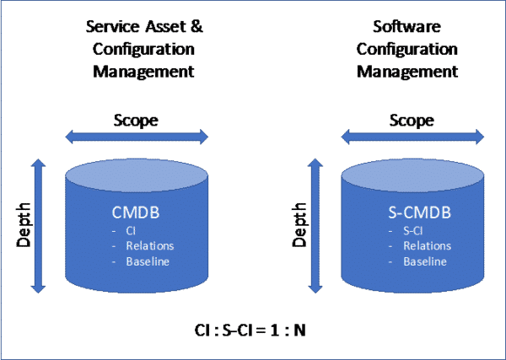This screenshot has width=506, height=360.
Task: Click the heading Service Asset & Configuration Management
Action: coord(145,49)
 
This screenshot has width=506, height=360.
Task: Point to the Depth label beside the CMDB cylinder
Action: coord(24,225)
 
